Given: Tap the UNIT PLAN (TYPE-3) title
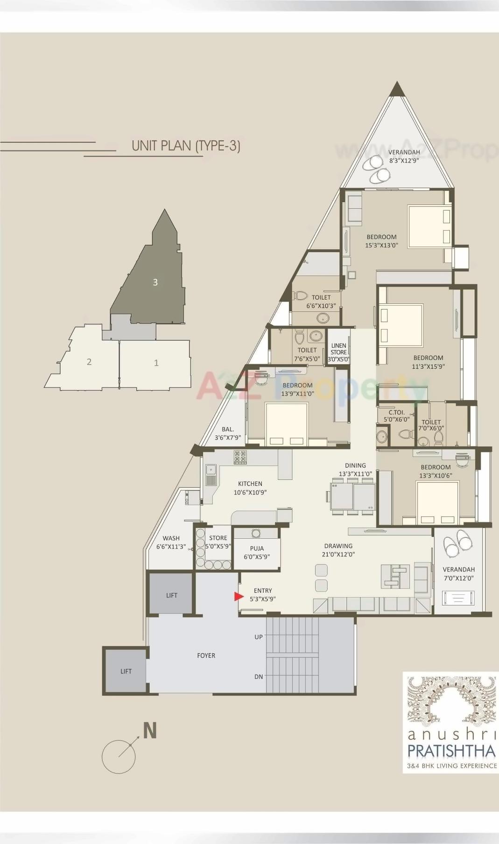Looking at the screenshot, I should [186, 146].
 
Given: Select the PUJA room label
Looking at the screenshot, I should [257, 549].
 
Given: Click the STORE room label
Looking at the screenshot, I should [218, 538].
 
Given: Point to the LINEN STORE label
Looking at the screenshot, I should [338, 349].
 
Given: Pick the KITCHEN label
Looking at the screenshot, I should [250, 484].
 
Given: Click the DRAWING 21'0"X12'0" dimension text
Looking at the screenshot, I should [338, 555].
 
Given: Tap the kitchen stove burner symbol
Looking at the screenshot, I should [240, 457].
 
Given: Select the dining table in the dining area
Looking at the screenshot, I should [352, 497].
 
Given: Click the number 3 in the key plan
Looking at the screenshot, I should [155, 282].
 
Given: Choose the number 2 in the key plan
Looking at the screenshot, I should [89, 362].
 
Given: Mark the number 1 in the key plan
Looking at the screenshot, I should [156, 363].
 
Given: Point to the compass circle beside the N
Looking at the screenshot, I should [119, 757].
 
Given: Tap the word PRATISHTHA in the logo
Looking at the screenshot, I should [451, 751].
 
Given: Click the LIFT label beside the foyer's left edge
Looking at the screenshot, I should [126, 671].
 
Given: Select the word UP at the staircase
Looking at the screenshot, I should [259, 637].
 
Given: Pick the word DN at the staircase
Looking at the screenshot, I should [259, 676].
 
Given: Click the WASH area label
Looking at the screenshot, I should [171, 538].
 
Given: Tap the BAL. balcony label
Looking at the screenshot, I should [228, 429].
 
